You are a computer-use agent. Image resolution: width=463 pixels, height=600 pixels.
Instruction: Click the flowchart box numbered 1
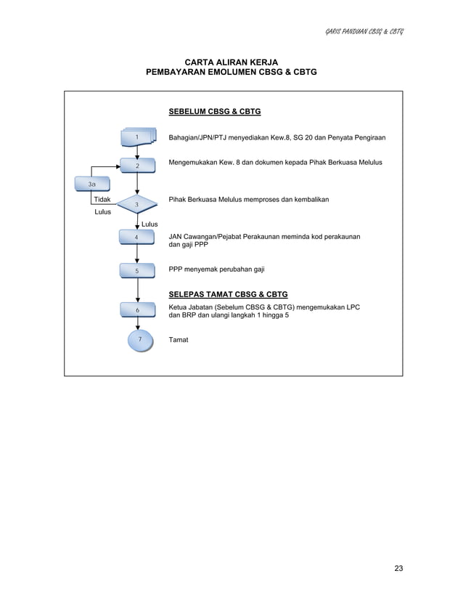tap(137, 137)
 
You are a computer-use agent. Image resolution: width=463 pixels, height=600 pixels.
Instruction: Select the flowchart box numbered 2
tap(137, 166)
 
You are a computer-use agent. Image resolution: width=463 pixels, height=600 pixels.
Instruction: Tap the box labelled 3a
tap(91, 185)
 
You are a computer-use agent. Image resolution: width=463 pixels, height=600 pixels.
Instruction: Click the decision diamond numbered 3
tap(137, 205)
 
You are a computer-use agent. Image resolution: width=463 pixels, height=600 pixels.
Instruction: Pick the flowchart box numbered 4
tap(137, 238)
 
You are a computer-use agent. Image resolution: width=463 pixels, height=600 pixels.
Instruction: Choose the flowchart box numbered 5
tap(137, 271)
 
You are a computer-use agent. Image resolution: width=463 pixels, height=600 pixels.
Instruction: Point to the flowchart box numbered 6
tap(137, 310)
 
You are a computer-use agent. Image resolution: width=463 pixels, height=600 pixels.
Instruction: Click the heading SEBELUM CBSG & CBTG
tap(214, 113)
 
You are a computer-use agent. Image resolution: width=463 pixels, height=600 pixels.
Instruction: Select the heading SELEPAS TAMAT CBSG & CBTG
tap(228, 295)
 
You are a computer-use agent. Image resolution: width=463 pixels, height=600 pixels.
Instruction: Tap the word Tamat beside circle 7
tap(179, 340)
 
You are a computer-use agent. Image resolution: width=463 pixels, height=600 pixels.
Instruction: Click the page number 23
tap(398, 568)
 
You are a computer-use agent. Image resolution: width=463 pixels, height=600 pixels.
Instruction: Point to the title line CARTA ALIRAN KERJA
tap(231, 63)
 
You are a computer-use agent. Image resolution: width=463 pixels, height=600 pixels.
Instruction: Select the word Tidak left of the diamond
tap(102, 198)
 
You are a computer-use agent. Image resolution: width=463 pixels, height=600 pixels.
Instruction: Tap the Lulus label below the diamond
tap(149, 224)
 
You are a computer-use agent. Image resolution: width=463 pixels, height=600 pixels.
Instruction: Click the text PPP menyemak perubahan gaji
tap(216, 269)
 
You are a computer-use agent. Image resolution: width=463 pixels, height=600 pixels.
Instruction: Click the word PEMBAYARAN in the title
tap(179, 74)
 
